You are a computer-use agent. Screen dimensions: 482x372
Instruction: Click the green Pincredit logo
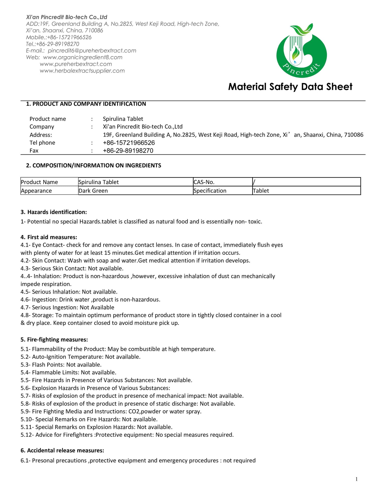301,52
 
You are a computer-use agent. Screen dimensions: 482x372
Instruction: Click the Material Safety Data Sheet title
290,87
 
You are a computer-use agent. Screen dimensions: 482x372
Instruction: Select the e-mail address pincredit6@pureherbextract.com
92,51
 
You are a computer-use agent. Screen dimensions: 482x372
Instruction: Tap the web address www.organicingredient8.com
83,57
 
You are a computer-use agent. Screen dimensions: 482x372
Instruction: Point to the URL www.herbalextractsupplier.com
82,71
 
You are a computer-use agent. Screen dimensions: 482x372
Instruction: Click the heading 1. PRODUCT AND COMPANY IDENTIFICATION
86,104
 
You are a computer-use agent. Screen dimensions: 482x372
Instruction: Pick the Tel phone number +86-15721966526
129,143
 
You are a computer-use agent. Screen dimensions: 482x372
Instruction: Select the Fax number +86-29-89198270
128,151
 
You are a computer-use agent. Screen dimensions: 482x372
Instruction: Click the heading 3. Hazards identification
54,212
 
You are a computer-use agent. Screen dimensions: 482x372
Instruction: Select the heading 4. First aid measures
49,237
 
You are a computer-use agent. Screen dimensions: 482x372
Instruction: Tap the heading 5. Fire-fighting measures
54,340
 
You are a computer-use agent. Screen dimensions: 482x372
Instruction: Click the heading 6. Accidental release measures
62,451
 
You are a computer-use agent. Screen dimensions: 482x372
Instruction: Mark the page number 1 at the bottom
356,479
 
